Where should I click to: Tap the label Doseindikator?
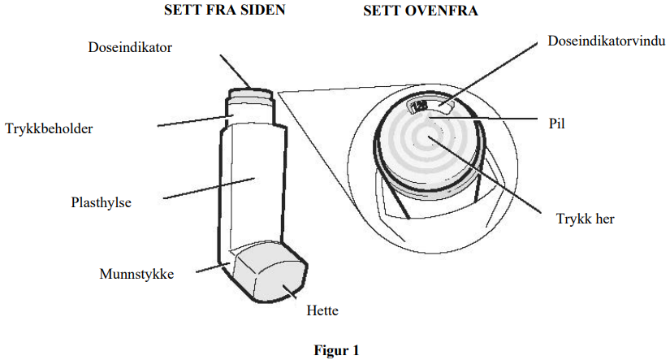(130, 47)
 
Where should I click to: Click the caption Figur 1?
(335, 351)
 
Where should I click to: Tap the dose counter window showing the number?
(422, 106)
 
